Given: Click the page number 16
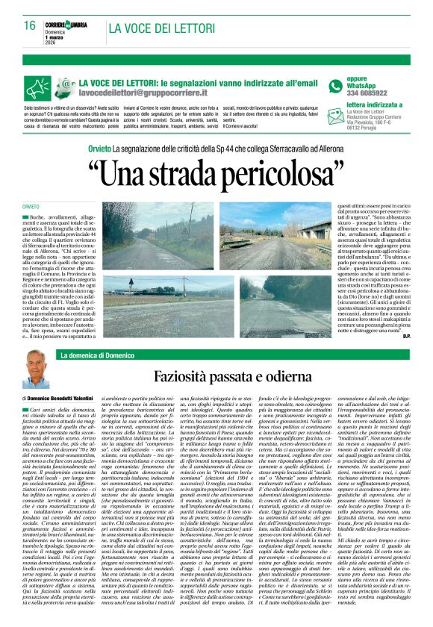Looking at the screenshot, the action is point(29,25).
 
